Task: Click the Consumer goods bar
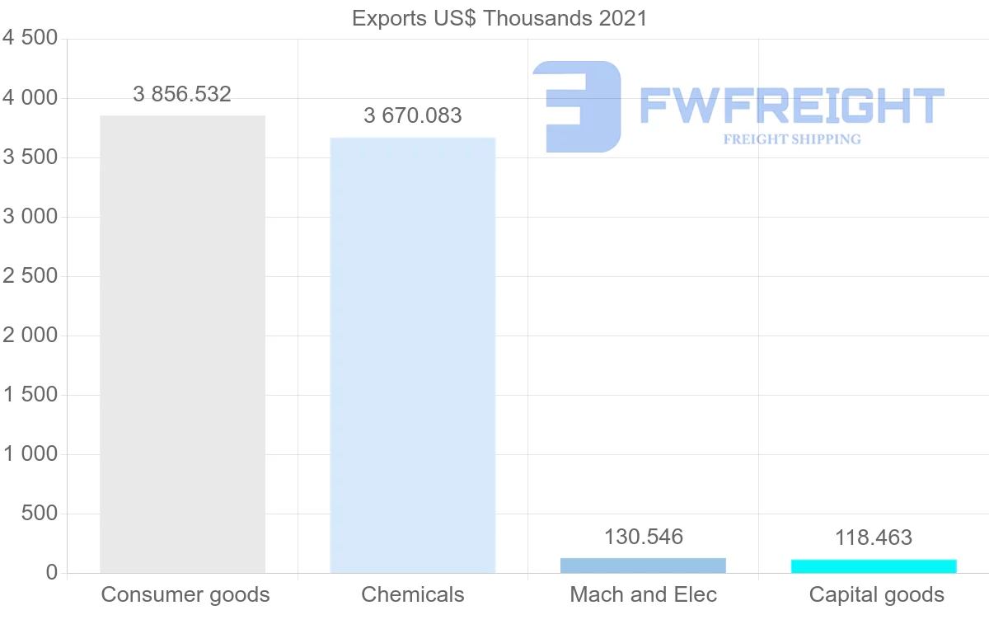182,344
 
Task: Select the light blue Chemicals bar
412,354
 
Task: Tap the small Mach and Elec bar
643,566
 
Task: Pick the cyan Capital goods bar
874,566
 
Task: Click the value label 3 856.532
182,94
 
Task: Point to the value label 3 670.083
412,116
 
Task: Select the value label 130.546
643,537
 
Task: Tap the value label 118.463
874,538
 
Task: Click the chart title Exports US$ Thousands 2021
499,18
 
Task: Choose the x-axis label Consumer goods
185,594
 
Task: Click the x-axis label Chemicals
412,594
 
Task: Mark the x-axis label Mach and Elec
643,594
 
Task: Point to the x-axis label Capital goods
876,594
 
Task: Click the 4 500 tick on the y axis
30,39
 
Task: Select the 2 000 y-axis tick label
30,336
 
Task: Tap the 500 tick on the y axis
40,514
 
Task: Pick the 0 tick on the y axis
51,573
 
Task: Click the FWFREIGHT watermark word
791,106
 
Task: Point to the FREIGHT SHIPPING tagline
791,139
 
